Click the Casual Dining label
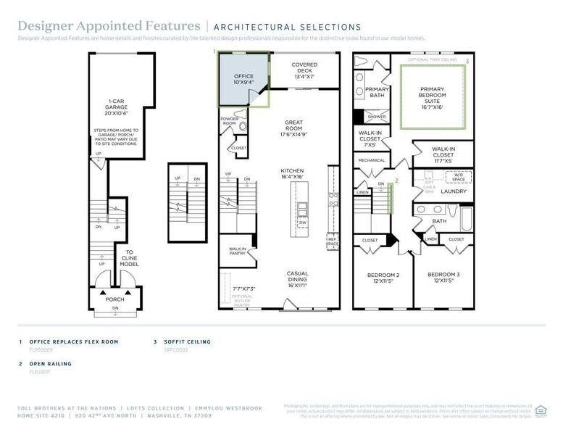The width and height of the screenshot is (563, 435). point(297,276)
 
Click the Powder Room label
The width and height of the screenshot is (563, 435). point(230,120)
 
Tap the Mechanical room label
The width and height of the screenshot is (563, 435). point(371,160)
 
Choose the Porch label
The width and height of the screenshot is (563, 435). point(114,299)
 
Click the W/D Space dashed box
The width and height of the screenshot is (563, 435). point(458,176)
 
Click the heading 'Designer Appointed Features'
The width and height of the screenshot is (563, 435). point(109,27)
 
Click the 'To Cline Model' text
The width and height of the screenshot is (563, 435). point(129,257)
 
